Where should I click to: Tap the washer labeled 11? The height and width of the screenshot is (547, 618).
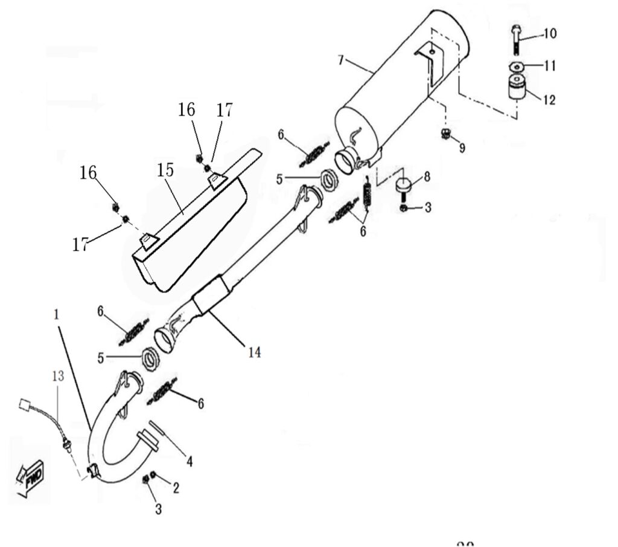515,65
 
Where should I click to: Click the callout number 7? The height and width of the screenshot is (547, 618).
341,59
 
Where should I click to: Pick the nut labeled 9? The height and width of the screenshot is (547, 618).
445,134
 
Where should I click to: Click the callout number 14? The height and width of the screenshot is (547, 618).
255,351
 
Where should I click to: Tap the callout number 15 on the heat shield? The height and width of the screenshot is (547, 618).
165,170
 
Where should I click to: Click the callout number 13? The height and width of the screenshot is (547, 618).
57,377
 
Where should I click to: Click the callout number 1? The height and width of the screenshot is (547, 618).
56,315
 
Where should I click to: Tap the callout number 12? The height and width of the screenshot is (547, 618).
549,99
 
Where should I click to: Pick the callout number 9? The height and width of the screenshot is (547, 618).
462,148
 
